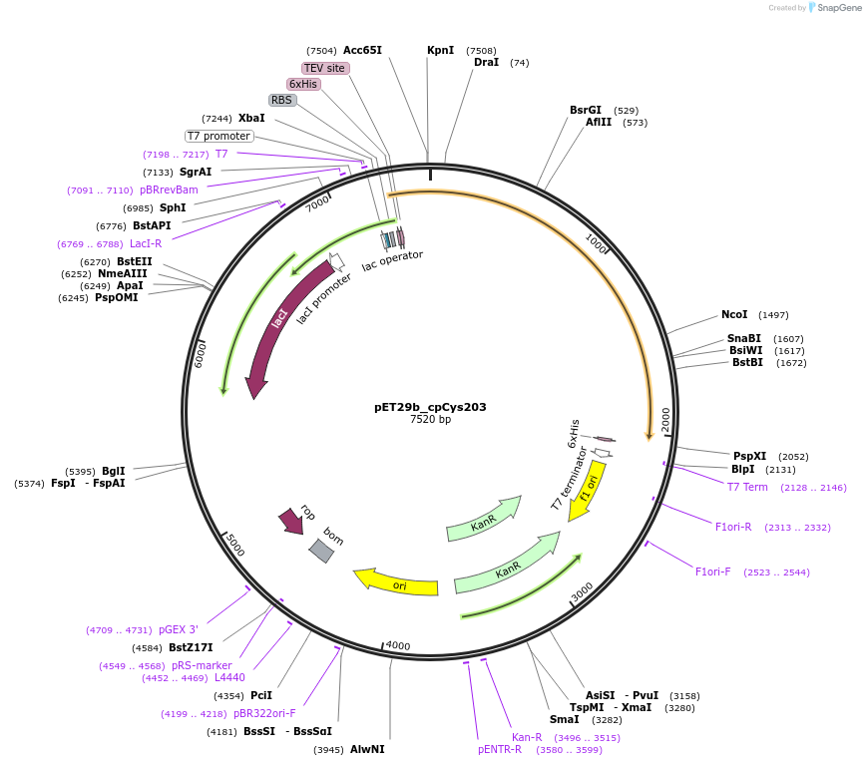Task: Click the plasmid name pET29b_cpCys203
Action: (x=430, y=407)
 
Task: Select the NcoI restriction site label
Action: (x=734, y=315)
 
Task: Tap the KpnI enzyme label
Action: (x=440, y=50)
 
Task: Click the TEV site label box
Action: (x=324, y=68)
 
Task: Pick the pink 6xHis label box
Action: (x=303, y=84)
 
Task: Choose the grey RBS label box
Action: (x=282, y=100)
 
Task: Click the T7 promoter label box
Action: (x=218, y=136)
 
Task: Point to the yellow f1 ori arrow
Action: (x=586, y=490)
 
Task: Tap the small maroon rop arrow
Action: (x=291, y=520)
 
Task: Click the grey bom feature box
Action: (x=321, y=550)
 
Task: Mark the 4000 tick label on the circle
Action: (x=398, y=645)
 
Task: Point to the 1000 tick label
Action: (x=596, y=243)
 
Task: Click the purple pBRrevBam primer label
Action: (x=169, y=190)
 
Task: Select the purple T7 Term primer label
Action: (x=747, y=487)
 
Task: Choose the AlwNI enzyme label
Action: (x=367, y=749)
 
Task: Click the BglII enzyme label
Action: (x=114, y=471)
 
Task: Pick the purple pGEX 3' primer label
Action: (x=178, y=629)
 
